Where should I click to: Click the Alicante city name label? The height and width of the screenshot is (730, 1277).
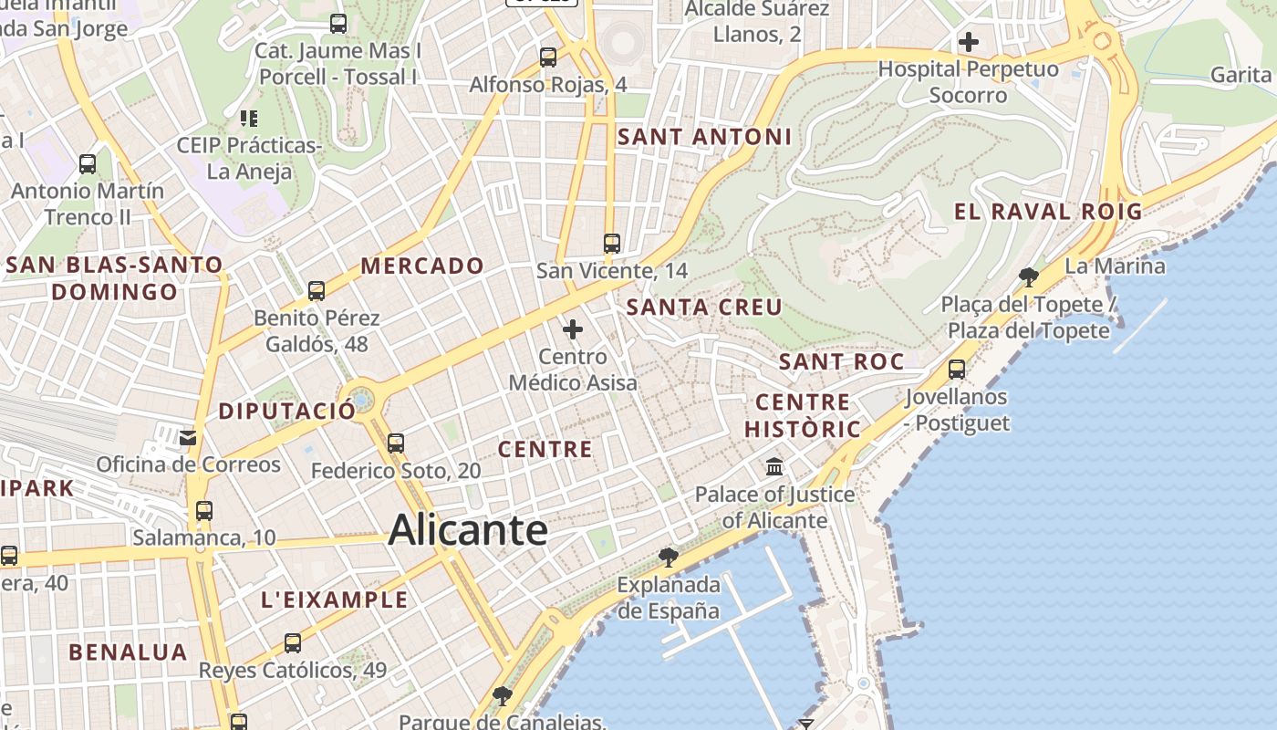468,530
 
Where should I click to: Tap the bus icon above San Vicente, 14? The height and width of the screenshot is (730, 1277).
612,244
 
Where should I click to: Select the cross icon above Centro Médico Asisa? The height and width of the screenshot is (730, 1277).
573,329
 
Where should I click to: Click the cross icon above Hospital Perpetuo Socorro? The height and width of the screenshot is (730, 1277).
969,41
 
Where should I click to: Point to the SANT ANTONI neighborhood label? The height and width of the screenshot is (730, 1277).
704,137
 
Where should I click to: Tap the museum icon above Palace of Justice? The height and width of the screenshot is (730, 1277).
774,467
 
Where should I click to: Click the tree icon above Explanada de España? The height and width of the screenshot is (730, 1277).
669,557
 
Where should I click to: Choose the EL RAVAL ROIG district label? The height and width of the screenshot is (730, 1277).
1048,212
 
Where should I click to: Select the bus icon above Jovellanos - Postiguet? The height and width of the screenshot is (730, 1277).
957,370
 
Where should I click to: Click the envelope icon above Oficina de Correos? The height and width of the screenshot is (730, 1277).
188,438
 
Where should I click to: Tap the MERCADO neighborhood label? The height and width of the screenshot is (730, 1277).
422,266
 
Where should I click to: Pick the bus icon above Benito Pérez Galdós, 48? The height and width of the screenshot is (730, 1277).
317,291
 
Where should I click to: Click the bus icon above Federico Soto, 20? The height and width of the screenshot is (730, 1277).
395,443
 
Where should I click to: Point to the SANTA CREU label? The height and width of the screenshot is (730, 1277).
704,307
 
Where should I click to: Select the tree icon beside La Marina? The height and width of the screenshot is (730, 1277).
1029,276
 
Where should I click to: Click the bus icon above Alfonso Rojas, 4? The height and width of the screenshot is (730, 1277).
548,57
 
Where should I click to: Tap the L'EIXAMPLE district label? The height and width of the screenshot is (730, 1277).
335,600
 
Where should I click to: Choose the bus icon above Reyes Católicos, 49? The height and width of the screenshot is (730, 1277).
293,643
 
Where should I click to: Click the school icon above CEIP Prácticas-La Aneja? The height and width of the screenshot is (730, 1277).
248,118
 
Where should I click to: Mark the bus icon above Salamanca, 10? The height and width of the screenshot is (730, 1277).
204,511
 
